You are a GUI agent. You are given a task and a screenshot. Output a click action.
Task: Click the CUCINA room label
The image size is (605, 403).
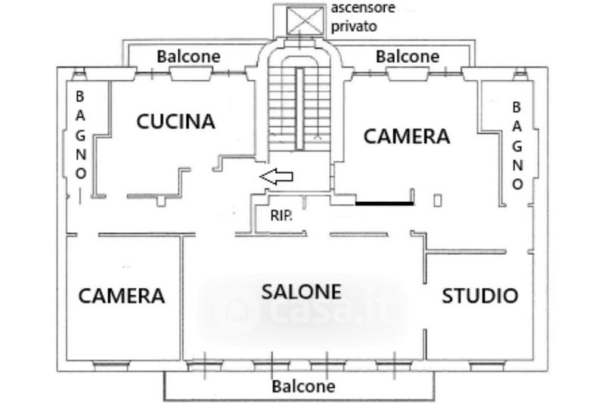175,121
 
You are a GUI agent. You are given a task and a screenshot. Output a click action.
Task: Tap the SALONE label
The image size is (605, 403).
302,291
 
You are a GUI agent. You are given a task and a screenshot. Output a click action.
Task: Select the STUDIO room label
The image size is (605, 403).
479,296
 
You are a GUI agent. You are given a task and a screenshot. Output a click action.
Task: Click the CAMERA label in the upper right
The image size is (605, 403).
407,137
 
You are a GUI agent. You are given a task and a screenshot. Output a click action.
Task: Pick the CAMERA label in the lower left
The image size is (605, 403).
121,296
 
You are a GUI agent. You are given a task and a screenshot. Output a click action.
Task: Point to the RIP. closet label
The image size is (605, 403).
282,215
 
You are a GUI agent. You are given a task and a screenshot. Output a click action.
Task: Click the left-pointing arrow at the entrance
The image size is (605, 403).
277,177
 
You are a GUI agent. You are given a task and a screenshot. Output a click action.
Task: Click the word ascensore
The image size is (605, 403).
363,8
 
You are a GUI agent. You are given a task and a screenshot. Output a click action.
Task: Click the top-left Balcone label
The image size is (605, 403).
188,56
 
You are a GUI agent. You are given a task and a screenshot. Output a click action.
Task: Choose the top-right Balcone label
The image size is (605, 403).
407,56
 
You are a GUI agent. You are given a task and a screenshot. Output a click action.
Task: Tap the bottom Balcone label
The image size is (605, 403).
303,386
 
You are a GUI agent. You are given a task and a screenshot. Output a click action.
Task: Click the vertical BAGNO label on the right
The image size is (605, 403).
518,145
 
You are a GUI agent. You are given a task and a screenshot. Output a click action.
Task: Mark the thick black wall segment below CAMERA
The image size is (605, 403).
384,203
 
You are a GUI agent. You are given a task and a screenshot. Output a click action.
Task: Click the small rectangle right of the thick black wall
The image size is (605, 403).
438,200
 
